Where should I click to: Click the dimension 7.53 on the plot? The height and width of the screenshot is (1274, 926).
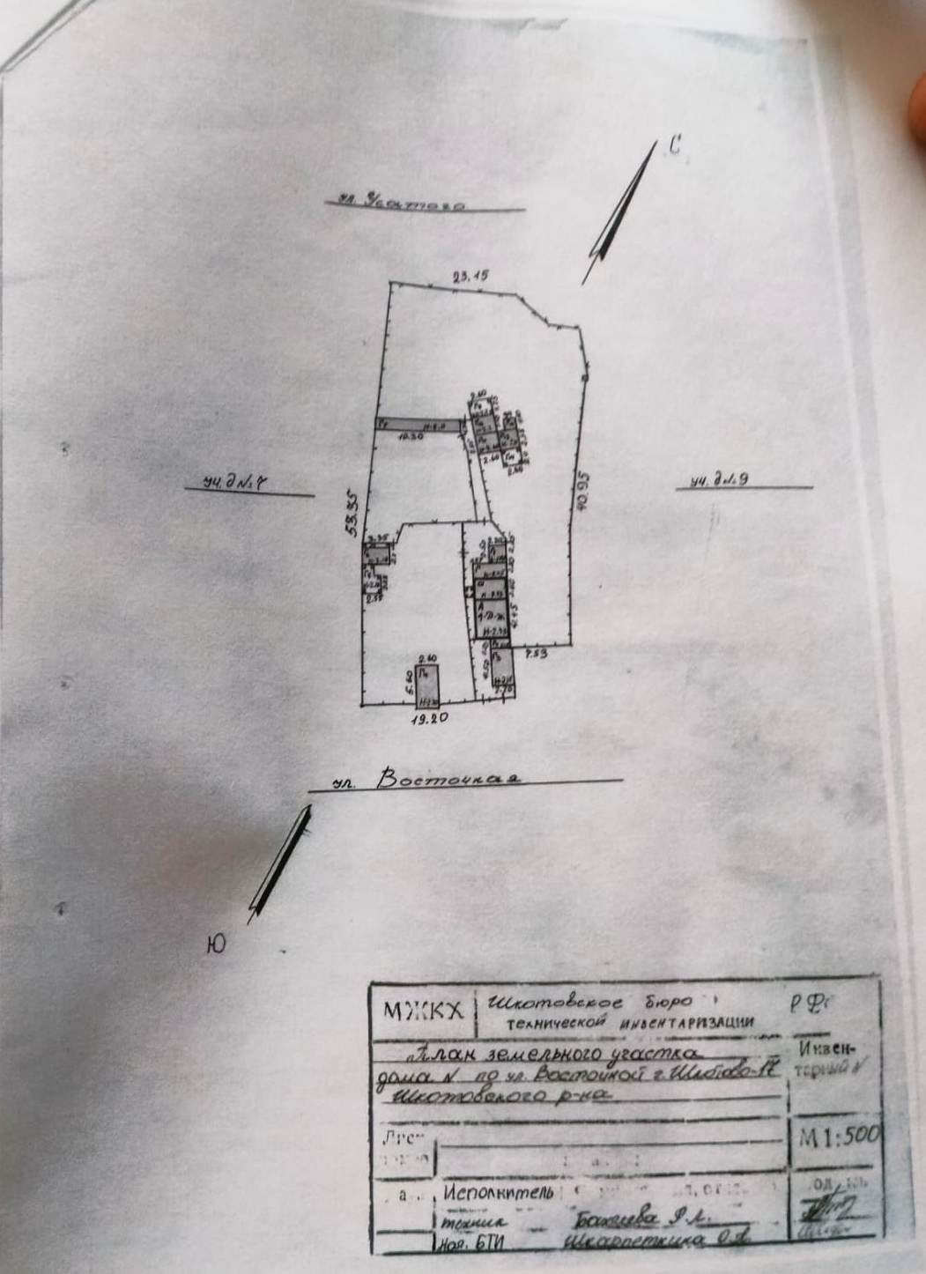536,655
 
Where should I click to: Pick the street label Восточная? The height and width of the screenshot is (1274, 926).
448,779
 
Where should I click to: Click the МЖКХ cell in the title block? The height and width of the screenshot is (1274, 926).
423,1011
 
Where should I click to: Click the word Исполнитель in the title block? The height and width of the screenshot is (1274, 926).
499,1194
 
